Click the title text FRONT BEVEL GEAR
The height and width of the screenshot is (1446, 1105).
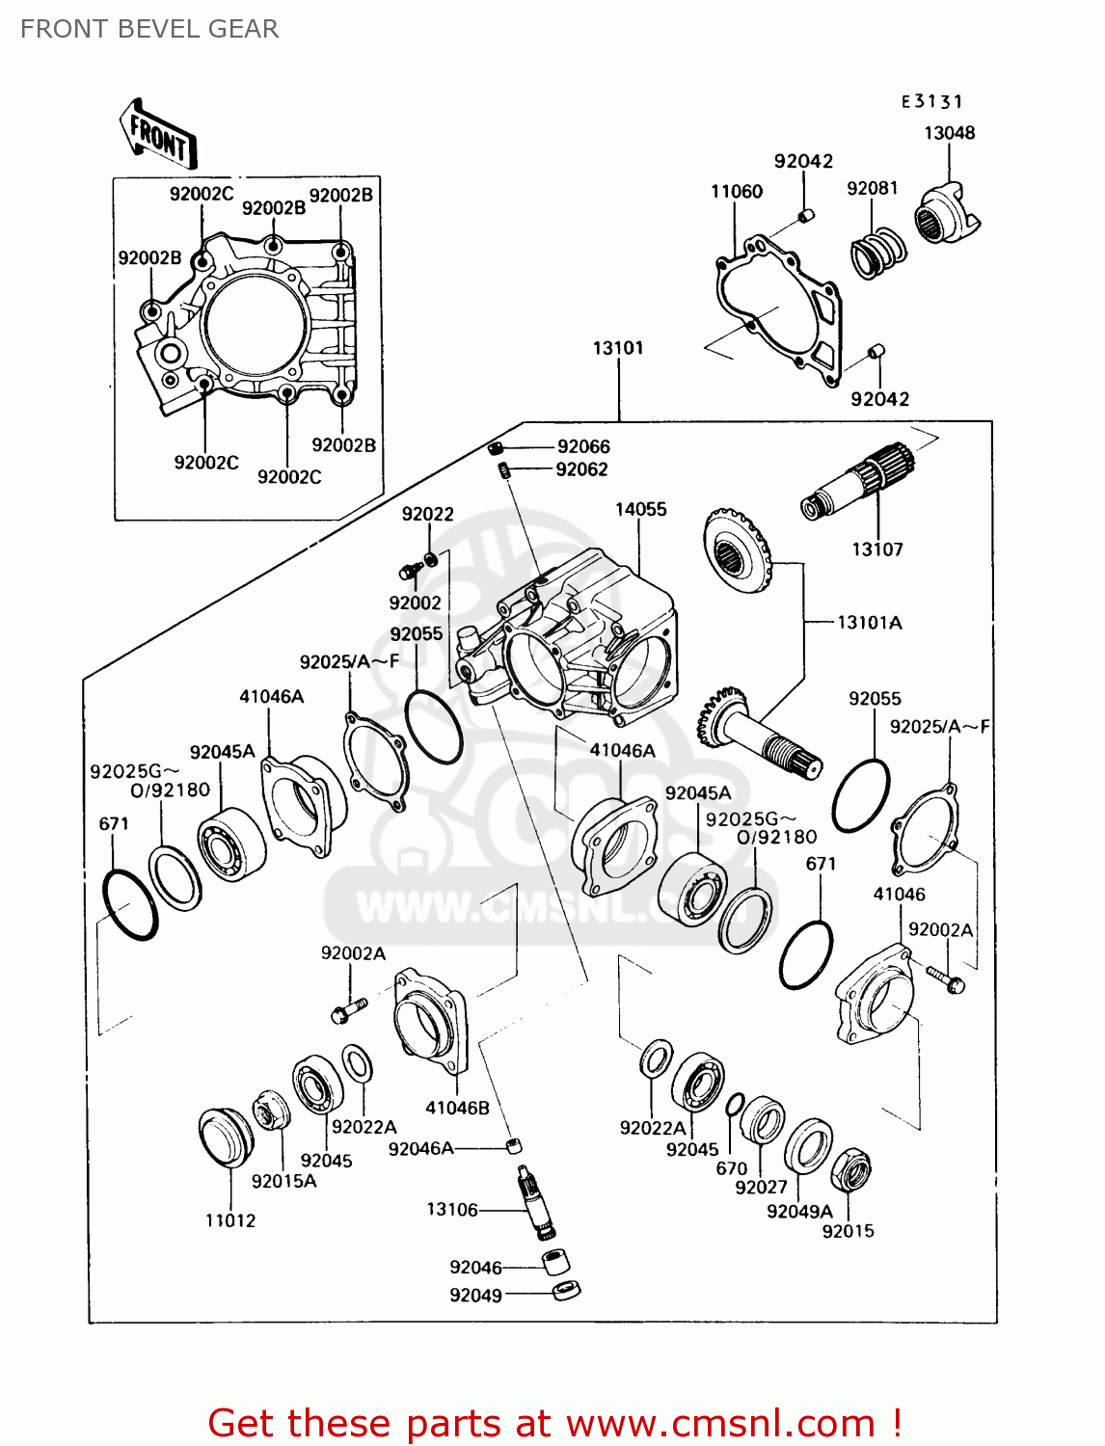tap(149, 29)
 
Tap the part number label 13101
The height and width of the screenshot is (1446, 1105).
tap(618, 348)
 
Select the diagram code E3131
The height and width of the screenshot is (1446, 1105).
tap(931, 101)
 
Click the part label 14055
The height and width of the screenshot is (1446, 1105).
tap(640, 509)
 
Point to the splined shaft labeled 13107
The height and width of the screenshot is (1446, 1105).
tap(856, 479)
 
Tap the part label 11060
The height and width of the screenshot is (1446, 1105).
tap(737, 192)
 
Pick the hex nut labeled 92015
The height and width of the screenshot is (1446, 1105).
tap(850, 1170)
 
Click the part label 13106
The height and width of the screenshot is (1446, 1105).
tap(452, 1209)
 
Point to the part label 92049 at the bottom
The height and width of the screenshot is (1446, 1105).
tap(475, 1296)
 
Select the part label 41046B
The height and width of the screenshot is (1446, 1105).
tap(457, 1108)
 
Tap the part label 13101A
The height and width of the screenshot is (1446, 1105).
tap(869, 623)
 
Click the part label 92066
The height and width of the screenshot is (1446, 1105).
tap(583, 446)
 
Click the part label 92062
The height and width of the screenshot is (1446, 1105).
tap(581, 469)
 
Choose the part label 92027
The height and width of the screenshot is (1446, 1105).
tap(761, 1188)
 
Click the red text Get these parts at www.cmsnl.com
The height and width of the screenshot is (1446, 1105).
tap(554, 1423)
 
